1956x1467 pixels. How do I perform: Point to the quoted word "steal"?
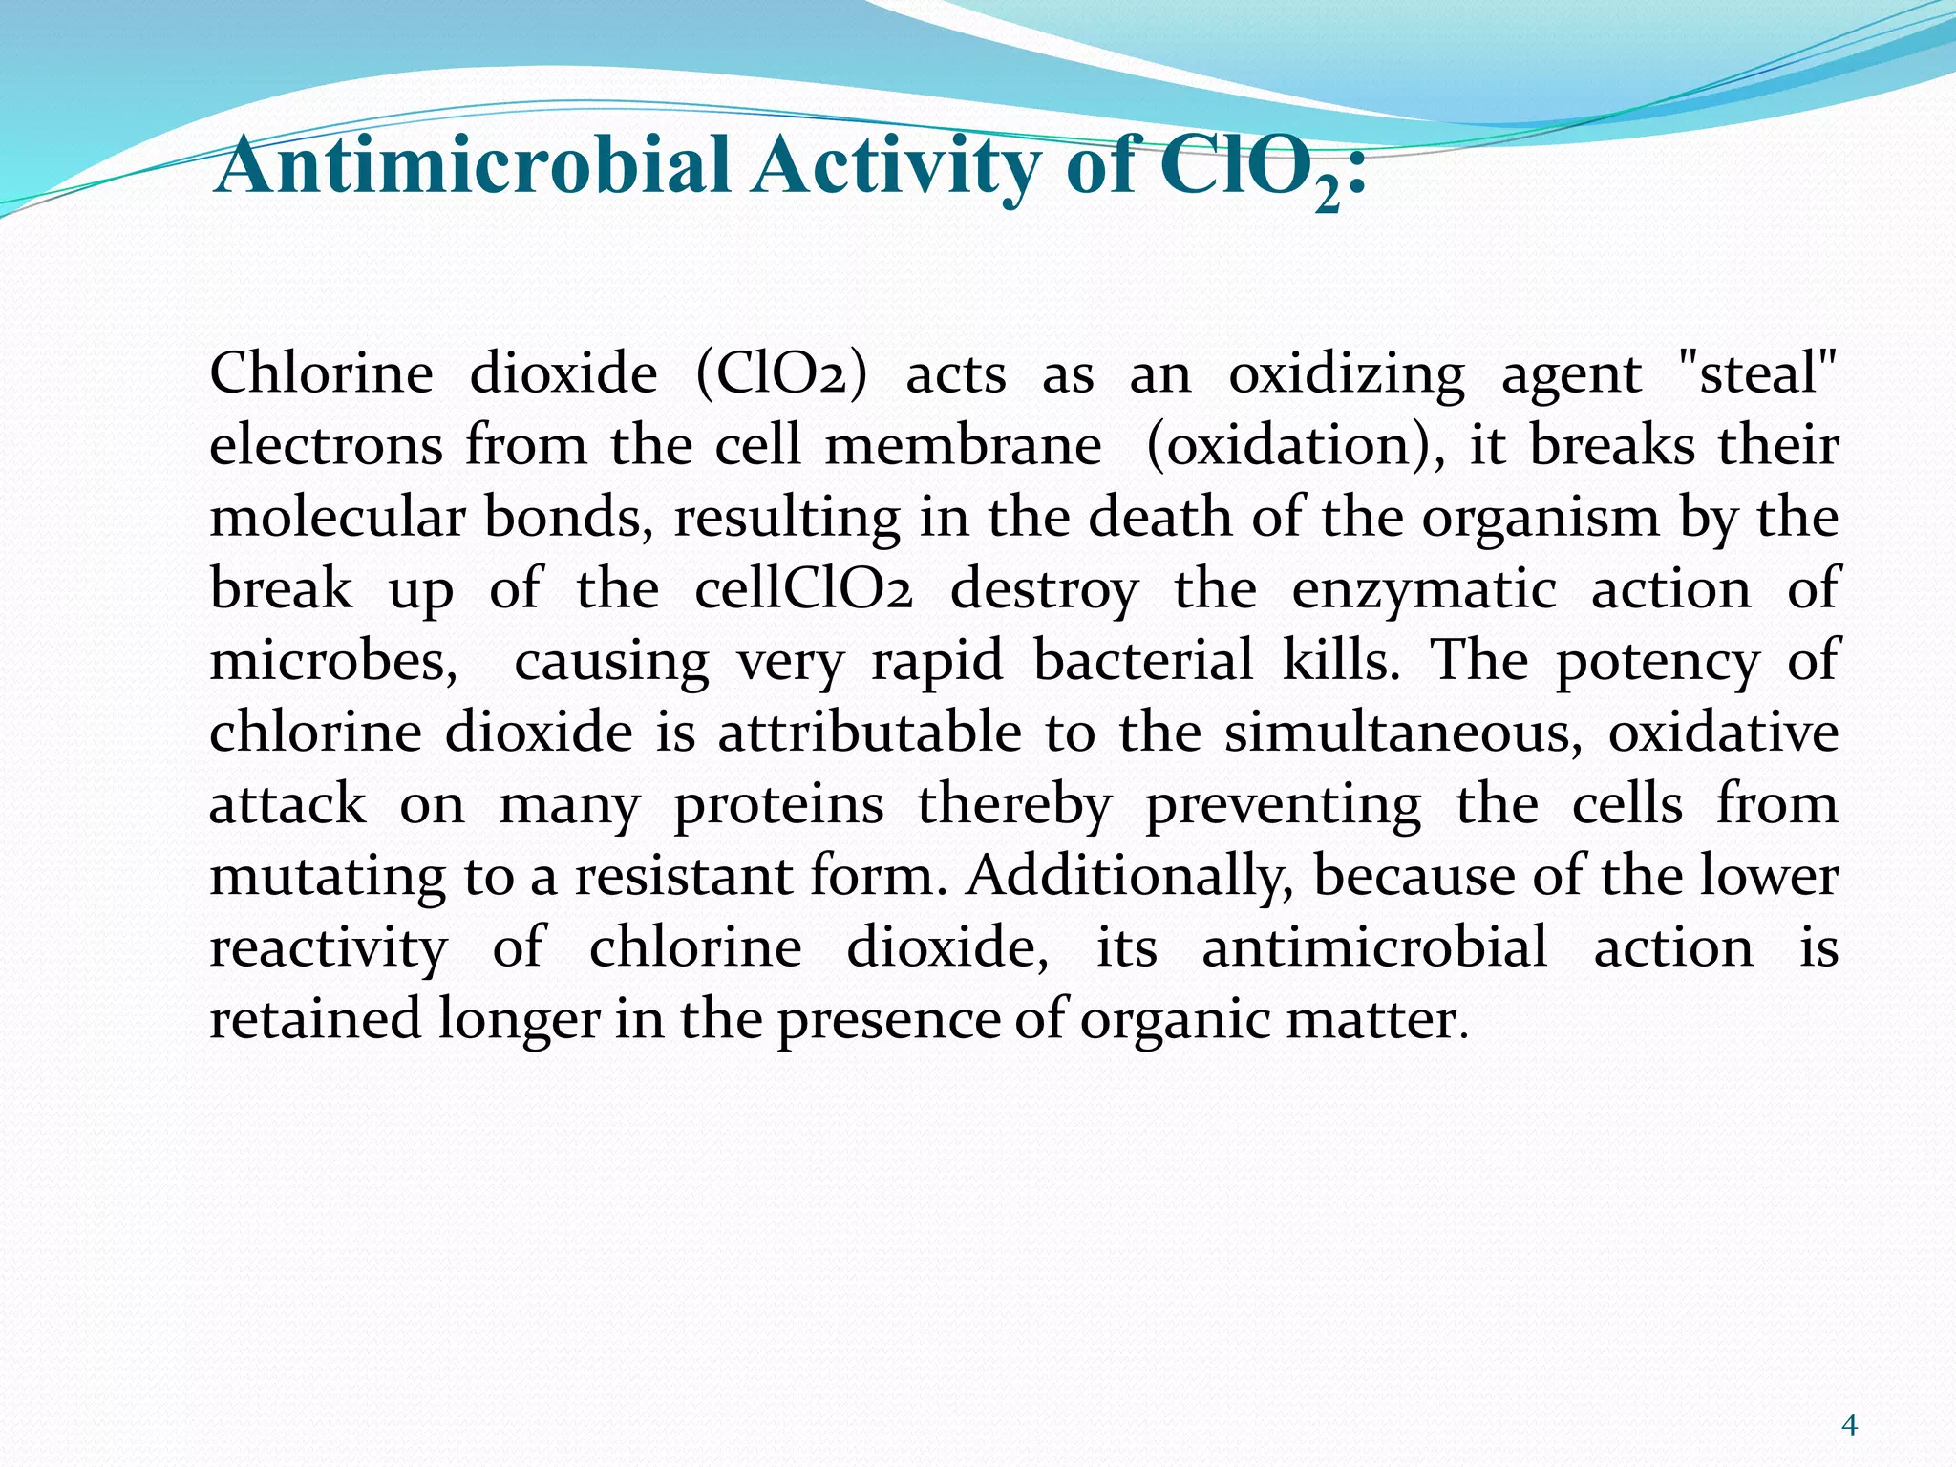(1757, 373)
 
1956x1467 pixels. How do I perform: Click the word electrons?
(326, 446)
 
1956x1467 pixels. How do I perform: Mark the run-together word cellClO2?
(803, 589)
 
